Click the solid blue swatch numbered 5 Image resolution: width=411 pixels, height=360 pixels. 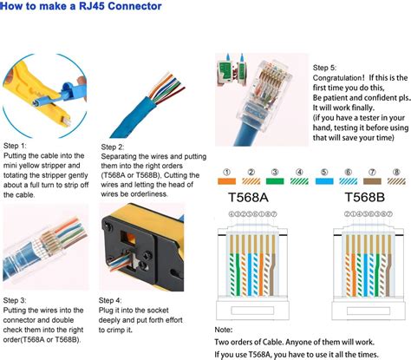(x=323, y=183)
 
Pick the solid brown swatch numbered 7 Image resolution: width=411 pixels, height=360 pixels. (x=372, y=183)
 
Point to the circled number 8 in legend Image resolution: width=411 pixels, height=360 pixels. (x=395, y=171)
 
